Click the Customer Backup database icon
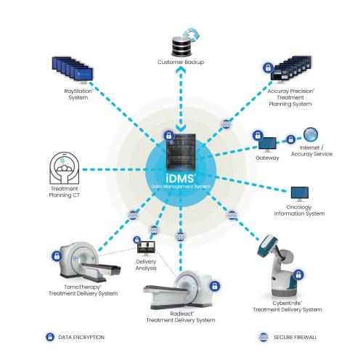pyautogui.click(x=181, y=46)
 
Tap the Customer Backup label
pyautogui.click(x=181, y=62)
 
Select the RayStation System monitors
pyautogui.click(x=73, y=70)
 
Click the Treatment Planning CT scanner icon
pyautogui.click(x=65, y=168)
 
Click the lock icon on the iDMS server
pyautogui.click(x=169, y=136)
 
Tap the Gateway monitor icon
pyautogui.click(x=267, y=144)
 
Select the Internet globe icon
pyautogui.click(x=311, y=134)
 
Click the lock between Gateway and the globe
pyautogui.click(x=290, y=139)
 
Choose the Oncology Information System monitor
pyautogui.click(x=300, y=194)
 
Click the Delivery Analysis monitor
pyautogui.click(x=146, y=248)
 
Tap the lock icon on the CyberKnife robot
pyautogui.click(x=298, y=274)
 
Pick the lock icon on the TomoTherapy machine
pyautogui.click(x=57, y=256)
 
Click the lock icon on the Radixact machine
pyautogui.click(x=215, y=286)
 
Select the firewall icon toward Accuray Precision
pyautogui.click(x=227, y=124)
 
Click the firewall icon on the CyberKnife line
pyautogui.click(x=232, y=215)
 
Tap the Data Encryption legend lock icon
pyautogui.click(x=50, y=337)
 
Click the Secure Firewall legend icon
pyautogui.click(x=264, y=337)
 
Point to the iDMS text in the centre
pyautogui.click(x=180, y=179)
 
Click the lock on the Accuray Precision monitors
pyautogui.click(x=268, y=68)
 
